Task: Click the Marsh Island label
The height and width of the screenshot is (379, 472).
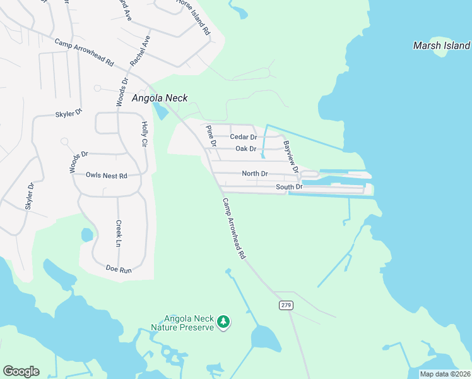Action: [x=441, y=45]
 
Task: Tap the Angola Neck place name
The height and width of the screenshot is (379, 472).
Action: [x=160, y=99]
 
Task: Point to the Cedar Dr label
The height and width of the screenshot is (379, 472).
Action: [x=243, y=137]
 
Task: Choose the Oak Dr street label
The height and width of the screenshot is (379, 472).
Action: [x=245, y=149]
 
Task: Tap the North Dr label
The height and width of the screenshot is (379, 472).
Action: [x=255, y=174]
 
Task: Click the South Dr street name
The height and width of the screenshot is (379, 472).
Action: [x=290, y=188]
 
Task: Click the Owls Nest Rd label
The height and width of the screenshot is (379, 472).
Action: [x=107, y=175]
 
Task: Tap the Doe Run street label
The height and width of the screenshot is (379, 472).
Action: [x=119, y=270]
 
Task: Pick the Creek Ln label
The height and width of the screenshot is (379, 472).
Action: [x=119, y=233]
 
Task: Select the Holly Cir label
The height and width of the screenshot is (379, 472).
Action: [x=145, y=134]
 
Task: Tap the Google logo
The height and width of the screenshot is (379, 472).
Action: [x=21, y=371]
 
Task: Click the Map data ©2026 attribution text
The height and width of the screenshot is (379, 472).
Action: [x=445, y=374]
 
